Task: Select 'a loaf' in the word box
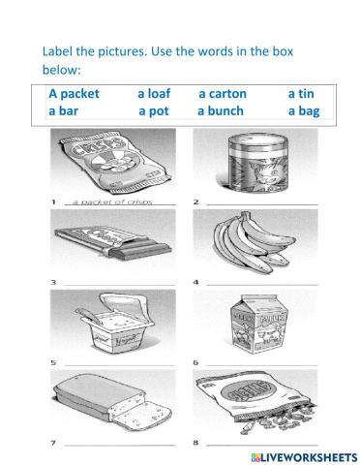(155, 94)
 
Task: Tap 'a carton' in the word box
(223, 94)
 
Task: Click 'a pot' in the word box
(154, 111)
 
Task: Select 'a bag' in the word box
(304, 111)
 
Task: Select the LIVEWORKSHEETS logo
(300, 453)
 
